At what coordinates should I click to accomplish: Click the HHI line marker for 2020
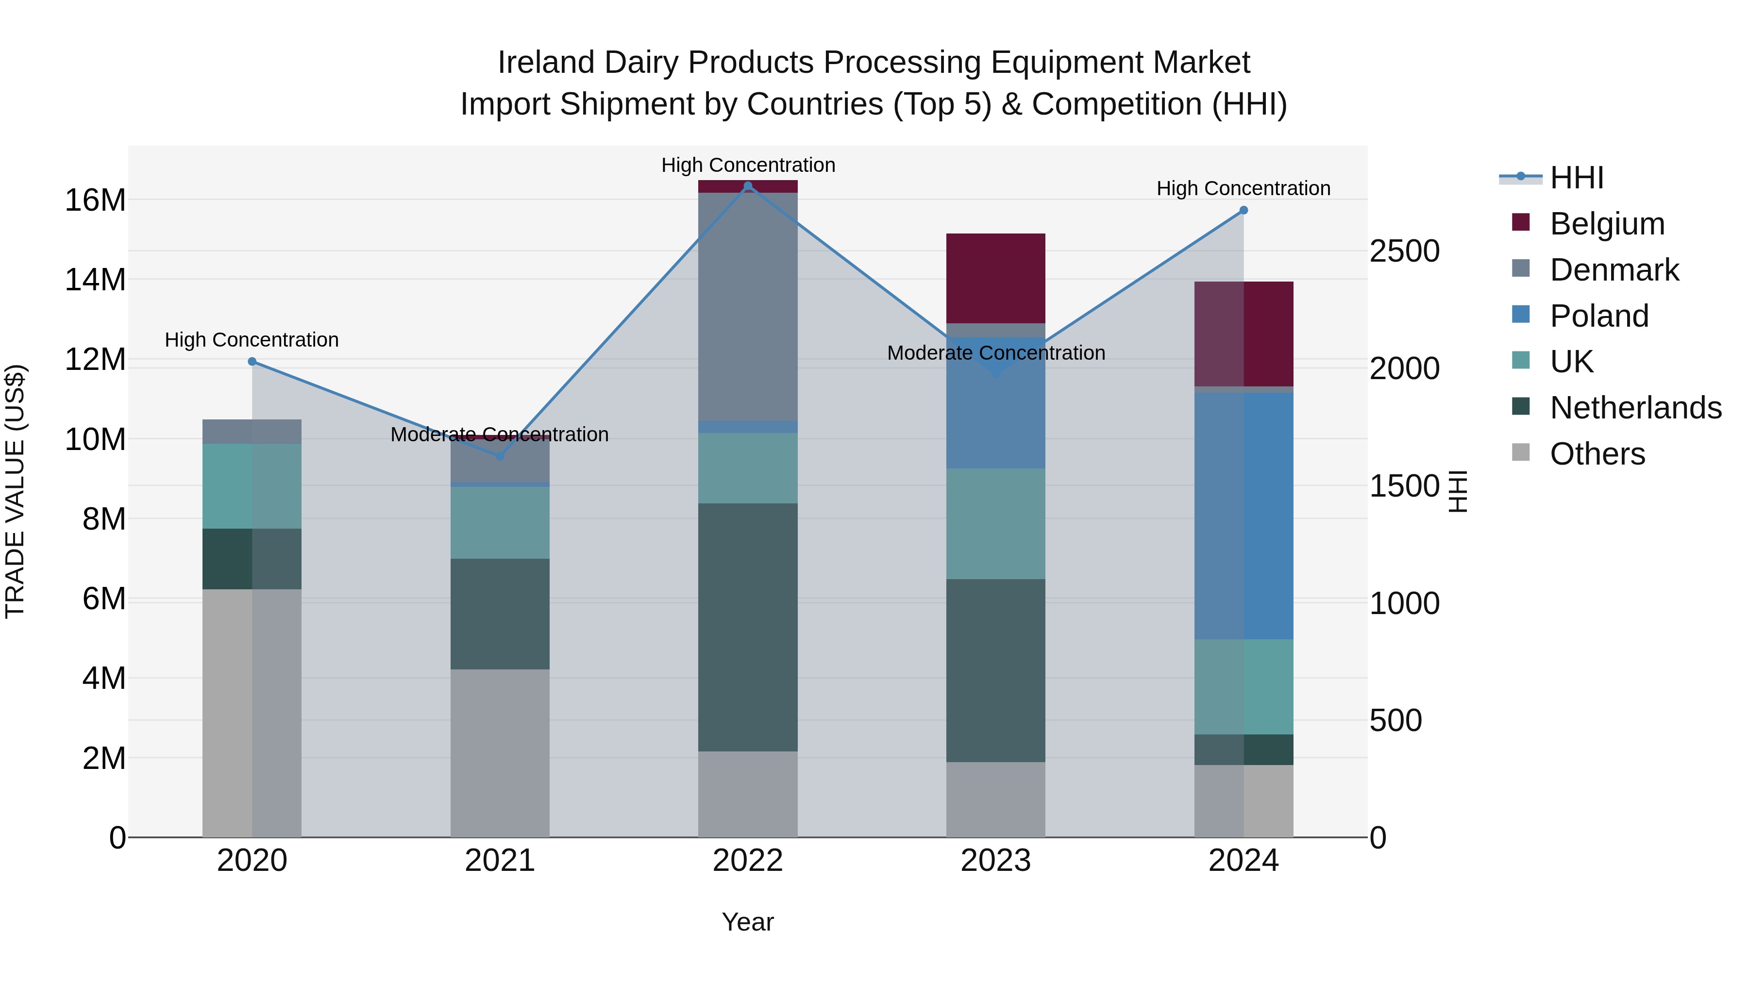pos(252,362)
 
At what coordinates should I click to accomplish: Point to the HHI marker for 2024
pos(1243,210)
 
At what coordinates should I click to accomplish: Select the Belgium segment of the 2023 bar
pos(995,278)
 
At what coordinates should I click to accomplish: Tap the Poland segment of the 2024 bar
pos(1243,516)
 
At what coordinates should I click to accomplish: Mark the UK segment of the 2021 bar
pos(500,522)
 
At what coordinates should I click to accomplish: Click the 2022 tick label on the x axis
pos(748,861)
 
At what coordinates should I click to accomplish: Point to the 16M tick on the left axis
pos(95,200)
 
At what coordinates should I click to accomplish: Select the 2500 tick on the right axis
pos(1404,251)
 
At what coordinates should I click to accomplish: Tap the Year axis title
pos(748,922)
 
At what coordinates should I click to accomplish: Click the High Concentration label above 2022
pos(748,165)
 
